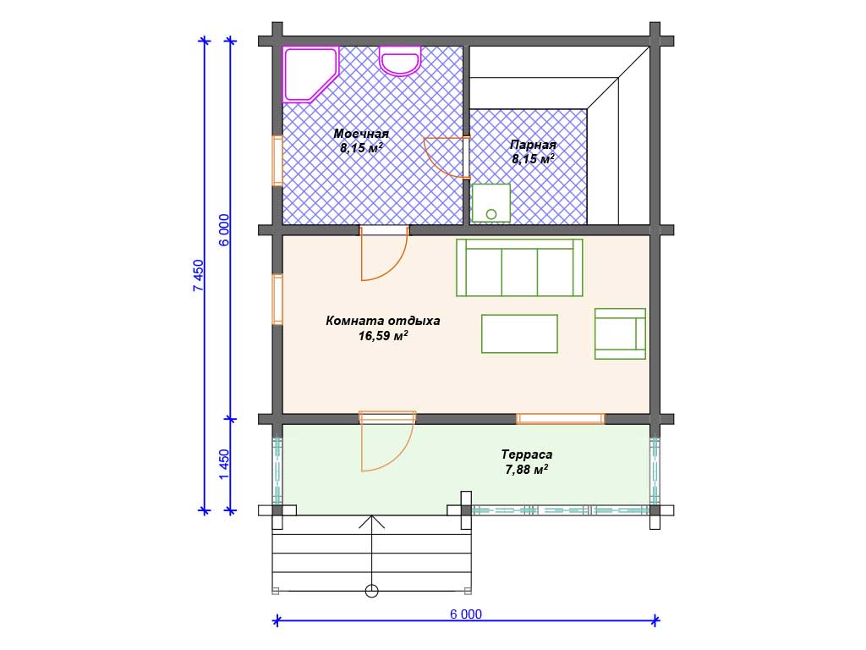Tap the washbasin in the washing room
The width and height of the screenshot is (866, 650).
[400, 61]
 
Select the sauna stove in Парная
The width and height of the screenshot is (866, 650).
[491, 203]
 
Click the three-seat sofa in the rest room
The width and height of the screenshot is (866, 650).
[519, 267]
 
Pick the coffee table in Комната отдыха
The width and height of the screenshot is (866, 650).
[519, 333]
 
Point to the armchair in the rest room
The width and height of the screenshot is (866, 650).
[620, 333]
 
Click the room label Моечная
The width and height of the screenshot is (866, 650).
[361, 134]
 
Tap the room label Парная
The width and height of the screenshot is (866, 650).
[533, 145]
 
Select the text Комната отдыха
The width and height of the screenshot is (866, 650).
[383, 321]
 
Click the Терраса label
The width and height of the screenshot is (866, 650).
[526, 454]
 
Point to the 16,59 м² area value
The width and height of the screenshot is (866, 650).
[383, 335]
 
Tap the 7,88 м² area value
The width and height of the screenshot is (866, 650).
[526, 469]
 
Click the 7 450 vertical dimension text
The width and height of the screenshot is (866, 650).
[198, 276]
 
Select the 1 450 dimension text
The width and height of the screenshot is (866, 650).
[224, 465]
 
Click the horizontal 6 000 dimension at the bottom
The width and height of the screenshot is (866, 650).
[466, 614]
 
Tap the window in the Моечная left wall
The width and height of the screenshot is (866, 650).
[277, 160]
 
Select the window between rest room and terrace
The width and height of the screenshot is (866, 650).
[560, 418]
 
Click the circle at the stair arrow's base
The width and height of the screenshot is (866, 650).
[372, 591]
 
